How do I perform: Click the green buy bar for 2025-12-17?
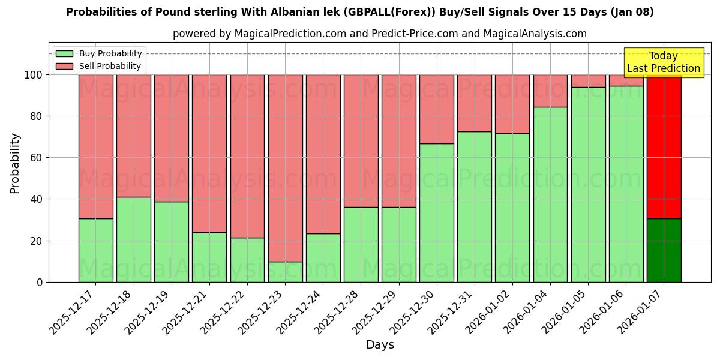tap(95, 250)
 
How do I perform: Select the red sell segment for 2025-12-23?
tap(285, 168)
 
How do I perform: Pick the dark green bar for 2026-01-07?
tap(664, 250)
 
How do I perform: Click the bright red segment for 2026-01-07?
tap(664, 147)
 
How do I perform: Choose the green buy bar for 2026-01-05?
tap(589, 185)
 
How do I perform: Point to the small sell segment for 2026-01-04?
tap(550, 91)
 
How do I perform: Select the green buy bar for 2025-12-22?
tap(247, 260)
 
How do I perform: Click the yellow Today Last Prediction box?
tap(664, 62)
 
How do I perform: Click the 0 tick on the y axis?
tap(40, 282)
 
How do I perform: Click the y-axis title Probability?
tap(15, 163)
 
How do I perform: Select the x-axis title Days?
tap(380, 345)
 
